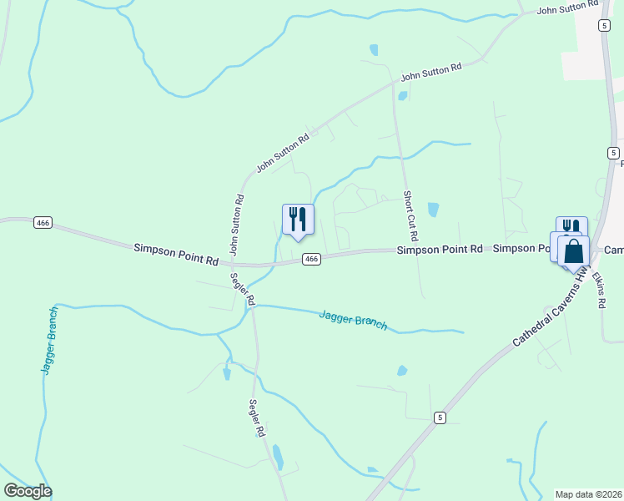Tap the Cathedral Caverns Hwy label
[551, 310]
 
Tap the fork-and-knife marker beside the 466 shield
[298, 220]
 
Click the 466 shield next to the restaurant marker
[311, 260]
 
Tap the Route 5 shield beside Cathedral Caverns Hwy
[440, 417]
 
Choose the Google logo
[28, 491]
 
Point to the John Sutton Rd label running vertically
[237, 225]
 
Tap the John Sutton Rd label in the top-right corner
[568, 8]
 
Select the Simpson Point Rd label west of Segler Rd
[175, 254]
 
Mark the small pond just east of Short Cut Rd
[432, 210]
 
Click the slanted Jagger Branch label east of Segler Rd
[353, 319]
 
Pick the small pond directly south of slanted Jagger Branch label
[402, 371]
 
